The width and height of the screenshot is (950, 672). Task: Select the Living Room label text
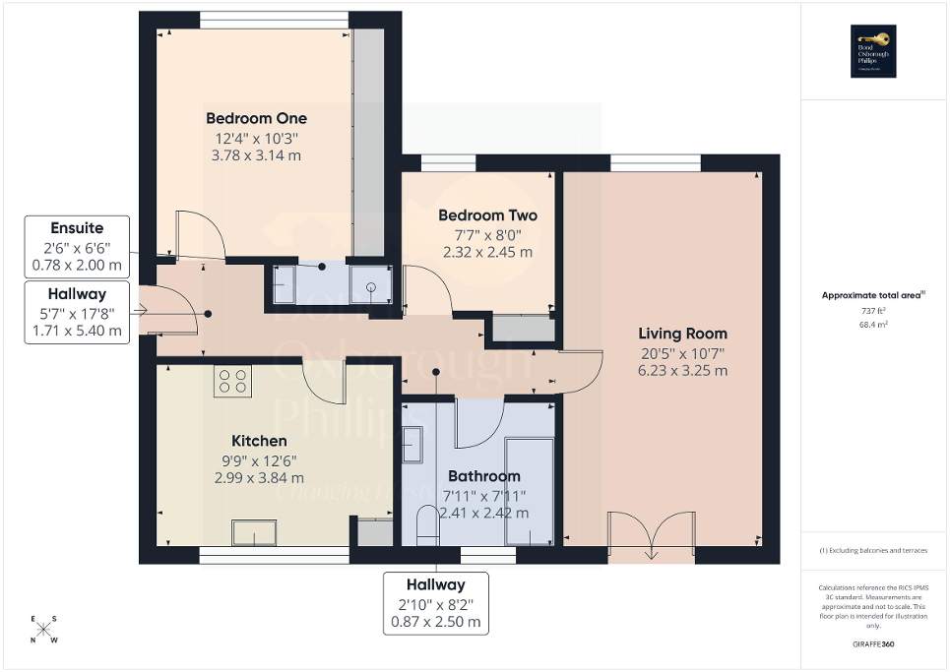[x=682, y=334]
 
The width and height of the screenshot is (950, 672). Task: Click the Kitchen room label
[x=259, y=441]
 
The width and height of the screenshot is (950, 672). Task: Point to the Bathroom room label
[x=482, y=476]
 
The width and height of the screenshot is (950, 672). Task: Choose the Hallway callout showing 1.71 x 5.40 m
[x=77, y=312]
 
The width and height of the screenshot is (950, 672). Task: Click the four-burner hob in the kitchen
[x=233, y=380]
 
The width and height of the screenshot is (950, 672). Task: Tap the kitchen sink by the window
[x=254, y=532]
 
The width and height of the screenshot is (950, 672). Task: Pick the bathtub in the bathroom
[x=528, y=491]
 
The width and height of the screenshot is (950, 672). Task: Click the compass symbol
[x=44, y=630]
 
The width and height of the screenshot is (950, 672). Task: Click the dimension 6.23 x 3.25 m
[x=682, y=371]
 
